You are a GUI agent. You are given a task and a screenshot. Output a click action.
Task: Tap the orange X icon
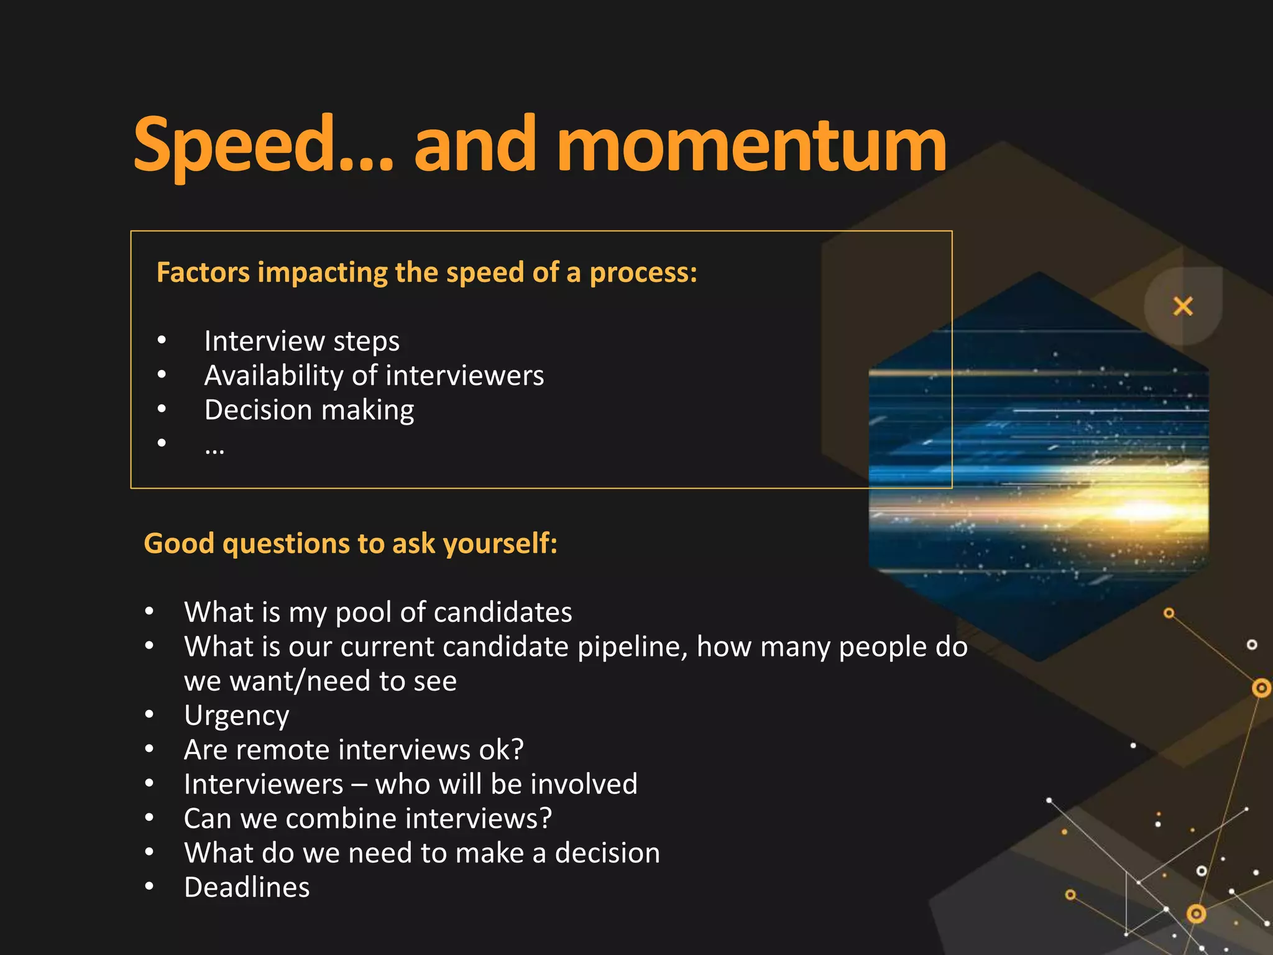point(1183,306)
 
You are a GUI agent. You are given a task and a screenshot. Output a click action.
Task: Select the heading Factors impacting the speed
point(426,272)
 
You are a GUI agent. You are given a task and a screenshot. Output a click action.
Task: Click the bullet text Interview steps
point(301,341)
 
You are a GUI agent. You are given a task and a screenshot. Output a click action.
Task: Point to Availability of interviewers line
point(374,376)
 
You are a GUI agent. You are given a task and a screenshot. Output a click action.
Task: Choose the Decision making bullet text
point(309,410)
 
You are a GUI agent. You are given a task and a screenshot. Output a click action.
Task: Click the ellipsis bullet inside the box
point(214,449)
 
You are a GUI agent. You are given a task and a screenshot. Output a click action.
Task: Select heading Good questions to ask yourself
point(351,543)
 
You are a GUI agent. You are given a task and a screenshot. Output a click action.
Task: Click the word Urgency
point(236,716)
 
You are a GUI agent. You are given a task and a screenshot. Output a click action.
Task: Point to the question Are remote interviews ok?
point(354,750)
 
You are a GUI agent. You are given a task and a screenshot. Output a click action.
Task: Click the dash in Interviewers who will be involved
point(359,785)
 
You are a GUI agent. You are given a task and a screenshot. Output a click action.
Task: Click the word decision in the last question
point(607,853)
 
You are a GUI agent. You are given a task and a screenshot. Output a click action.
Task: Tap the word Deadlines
point(247,887)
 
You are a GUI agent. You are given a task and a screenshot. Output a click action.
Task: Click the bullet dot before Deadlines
point(149,887)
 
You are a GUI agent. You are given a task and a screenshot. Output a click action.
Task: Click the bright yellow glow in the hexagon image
point(1137,510)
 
